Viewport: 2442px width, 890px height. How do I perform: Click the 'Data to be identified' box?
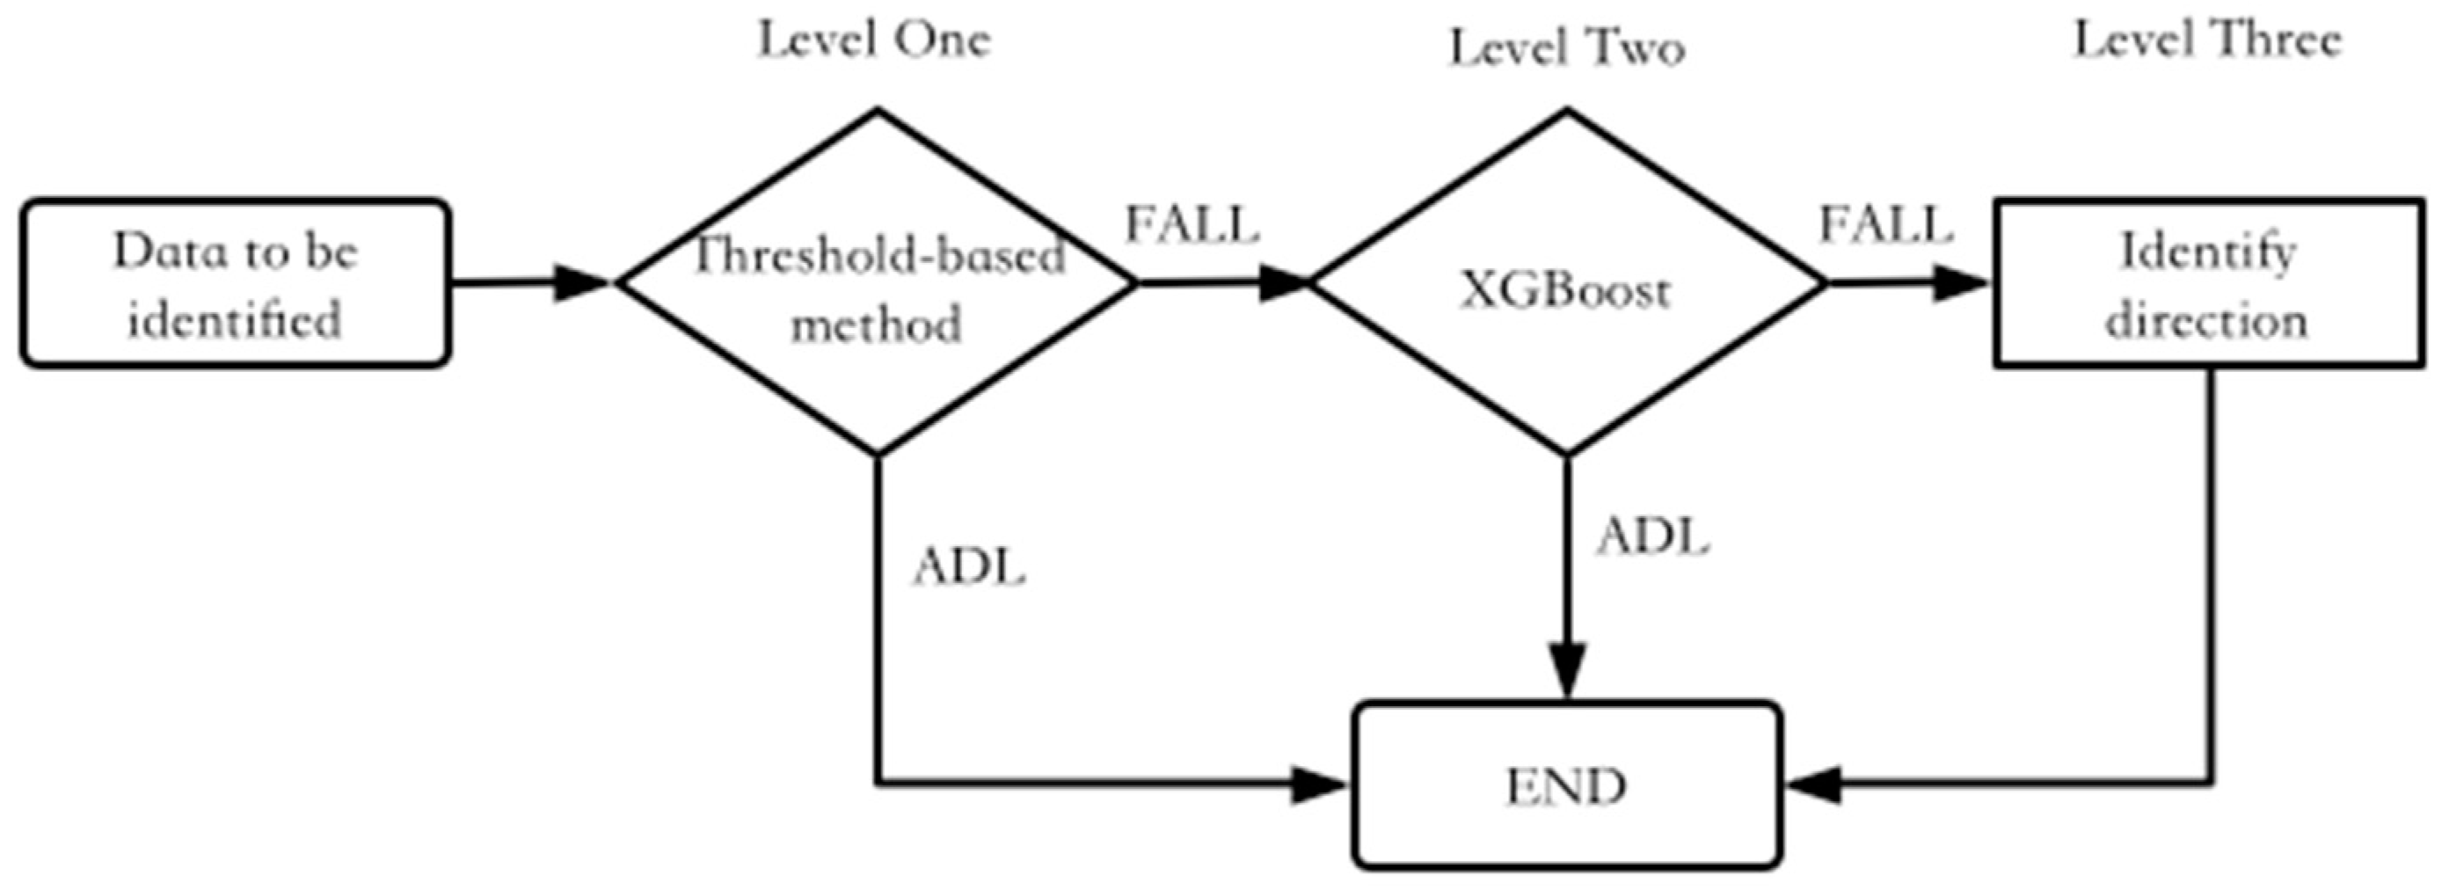tap(234, 283)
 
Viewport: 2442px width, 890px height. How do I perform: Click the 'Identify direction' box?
tap(2208, 283)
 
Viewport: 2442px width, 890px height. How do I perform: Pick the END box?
tap(1566, 784)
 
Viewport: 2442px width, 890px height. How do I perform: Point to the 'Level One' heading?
tap(873, 40)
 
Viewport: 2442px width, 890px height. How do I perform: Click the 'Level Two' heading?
tap(1566, 47)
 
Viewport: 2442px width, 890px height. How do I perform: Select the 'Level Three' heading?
tap(2208, 40)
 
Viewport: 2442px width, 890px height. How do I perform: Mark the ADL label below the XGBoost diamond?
tap(1652, 537)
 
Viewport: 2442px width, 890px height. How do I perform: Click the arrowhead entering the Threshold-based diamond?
tap(580, 282)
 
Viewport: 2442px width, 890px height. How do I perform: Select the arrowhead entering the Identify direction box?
tap(1959, 282)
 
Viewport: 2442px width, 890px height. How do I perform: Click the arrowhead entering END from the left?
tap(1320, 784)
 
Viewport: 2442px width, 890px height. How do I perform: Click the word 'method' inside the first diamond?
tap(876, 325)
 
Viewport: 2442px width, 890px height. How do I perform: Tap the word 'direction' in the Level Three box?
tap(2206, 320)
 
